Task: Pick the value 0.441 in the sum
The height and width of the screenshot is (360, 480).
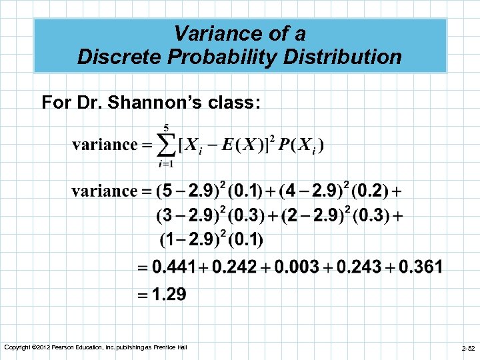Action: [x=173, y=267]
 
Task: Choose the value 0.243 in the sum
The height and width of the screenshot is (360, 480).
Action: [x=359, y=267]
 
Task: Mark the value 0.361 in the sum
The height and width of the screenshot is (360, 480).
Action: [x=421, y=267]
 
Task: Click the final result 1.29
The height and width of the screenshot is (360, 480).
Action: [x=169, y=294]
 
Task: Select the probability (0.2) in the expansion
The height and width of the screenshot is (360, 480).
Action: [x=370, y=191]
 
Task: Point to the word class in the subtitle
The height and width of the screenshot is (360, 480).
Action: [x=237, y=103]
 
